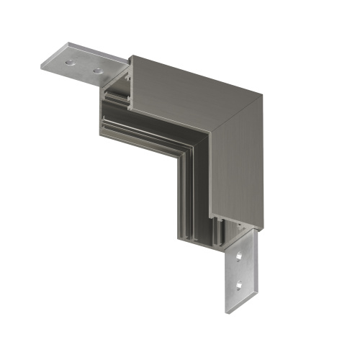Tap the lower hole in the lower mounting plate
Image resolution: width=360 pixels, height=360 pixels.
coord(239,284)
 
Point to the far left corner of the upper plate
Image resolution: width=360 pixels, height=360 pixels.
coord(42,65)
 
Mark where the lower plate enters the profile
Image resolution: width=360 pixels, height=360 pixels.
coord(238,234)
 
